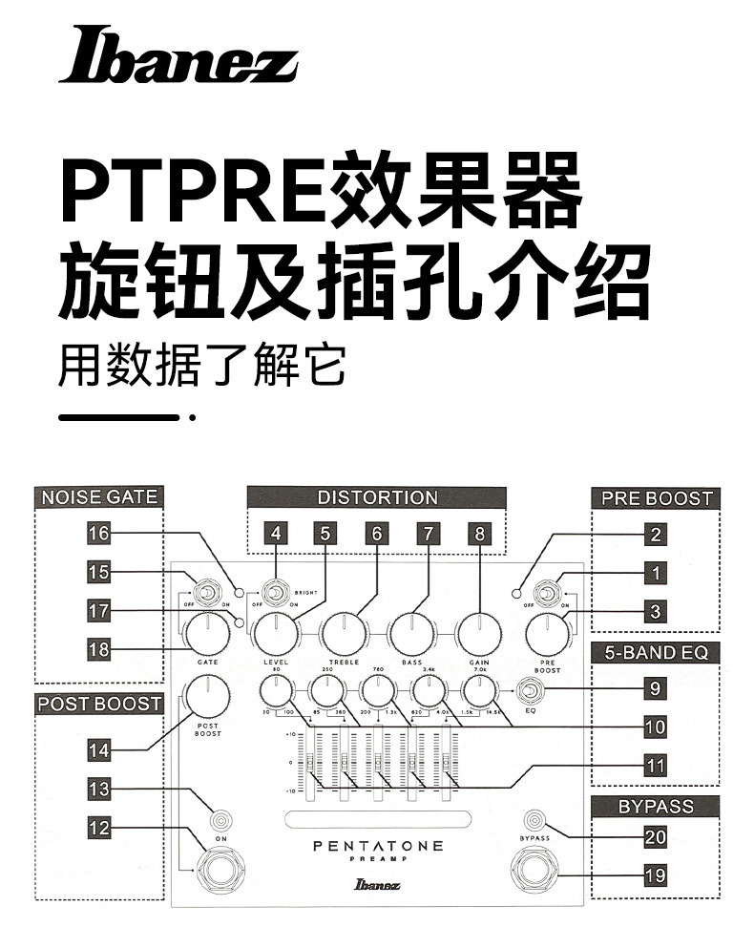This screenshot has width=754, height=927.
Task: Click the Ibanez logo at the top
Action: [x=178, y=55]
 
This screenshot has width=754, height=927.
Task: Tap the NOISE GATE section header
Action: [x=98, y=496]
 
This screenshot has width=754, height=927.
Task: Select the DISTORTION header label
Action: [x=377, y=497]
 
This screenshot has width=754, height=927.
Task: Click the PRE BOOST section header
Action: [x=656, y=497]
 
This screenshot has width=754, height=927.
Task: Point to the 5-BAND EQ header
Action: [x=656, y=653]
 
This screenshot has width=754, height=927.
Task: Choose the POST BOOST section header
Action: [x=98, y=705]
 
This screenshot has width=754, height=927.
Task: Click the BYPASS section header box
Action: [x=656, y=807]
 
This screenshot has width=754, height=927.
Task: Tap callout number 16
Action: [x=99, y=534]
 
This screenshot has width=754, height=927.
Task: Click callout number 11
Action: [x=656, y=766]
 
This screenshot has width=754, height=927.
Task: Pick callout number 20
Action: [x=656, y=837]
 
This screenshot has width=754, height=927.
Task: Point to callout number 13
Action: [x=99, y=790]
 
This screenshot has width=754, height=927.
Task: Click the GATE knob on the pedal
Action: [x=206, y=632]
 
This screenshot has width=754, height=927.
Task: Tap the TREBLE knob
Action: [x=344, y=632]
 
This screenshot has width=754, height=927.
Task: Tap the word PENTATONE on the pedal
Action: [x=378, y=846]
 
